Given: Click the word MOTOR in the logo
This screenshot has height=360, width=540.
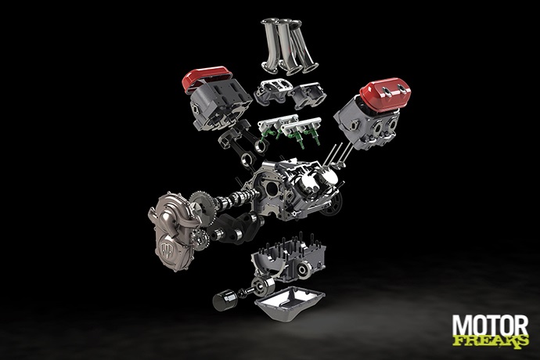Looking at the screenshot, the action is tap(490, 326).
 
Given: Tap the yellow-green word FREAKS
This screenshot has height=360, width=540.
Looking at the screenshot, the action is tap(491, 341).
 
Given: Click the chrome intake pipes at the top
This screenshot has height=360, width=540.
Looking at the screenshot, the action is tap(290, 46).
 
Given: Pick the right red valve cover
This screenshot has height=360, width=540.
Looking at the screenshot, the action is tap(386, 92).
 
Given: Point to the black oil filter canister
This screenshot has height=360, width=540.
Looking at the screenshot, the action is tap(225, 300).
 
